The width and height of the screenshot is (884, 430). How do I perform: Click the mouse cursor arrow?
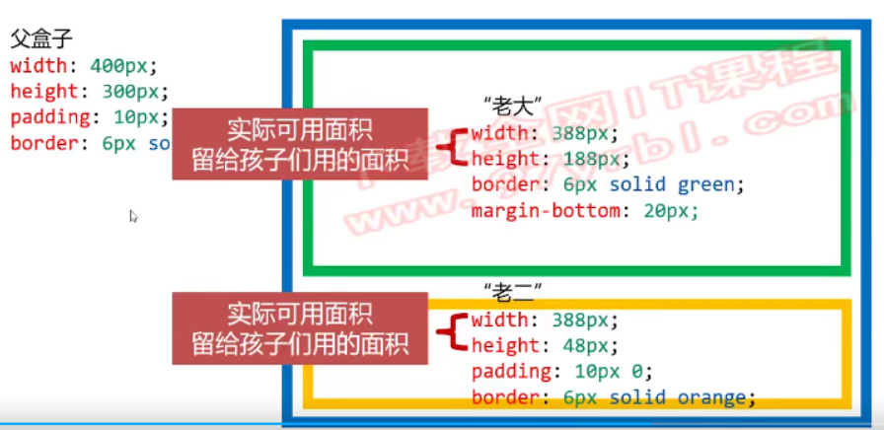click(133, 216)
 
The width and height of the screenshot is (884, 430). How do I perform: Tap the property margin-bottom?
click(539, 210)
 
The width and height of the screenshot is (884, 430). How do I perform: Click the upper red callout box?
click(300, 144)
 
